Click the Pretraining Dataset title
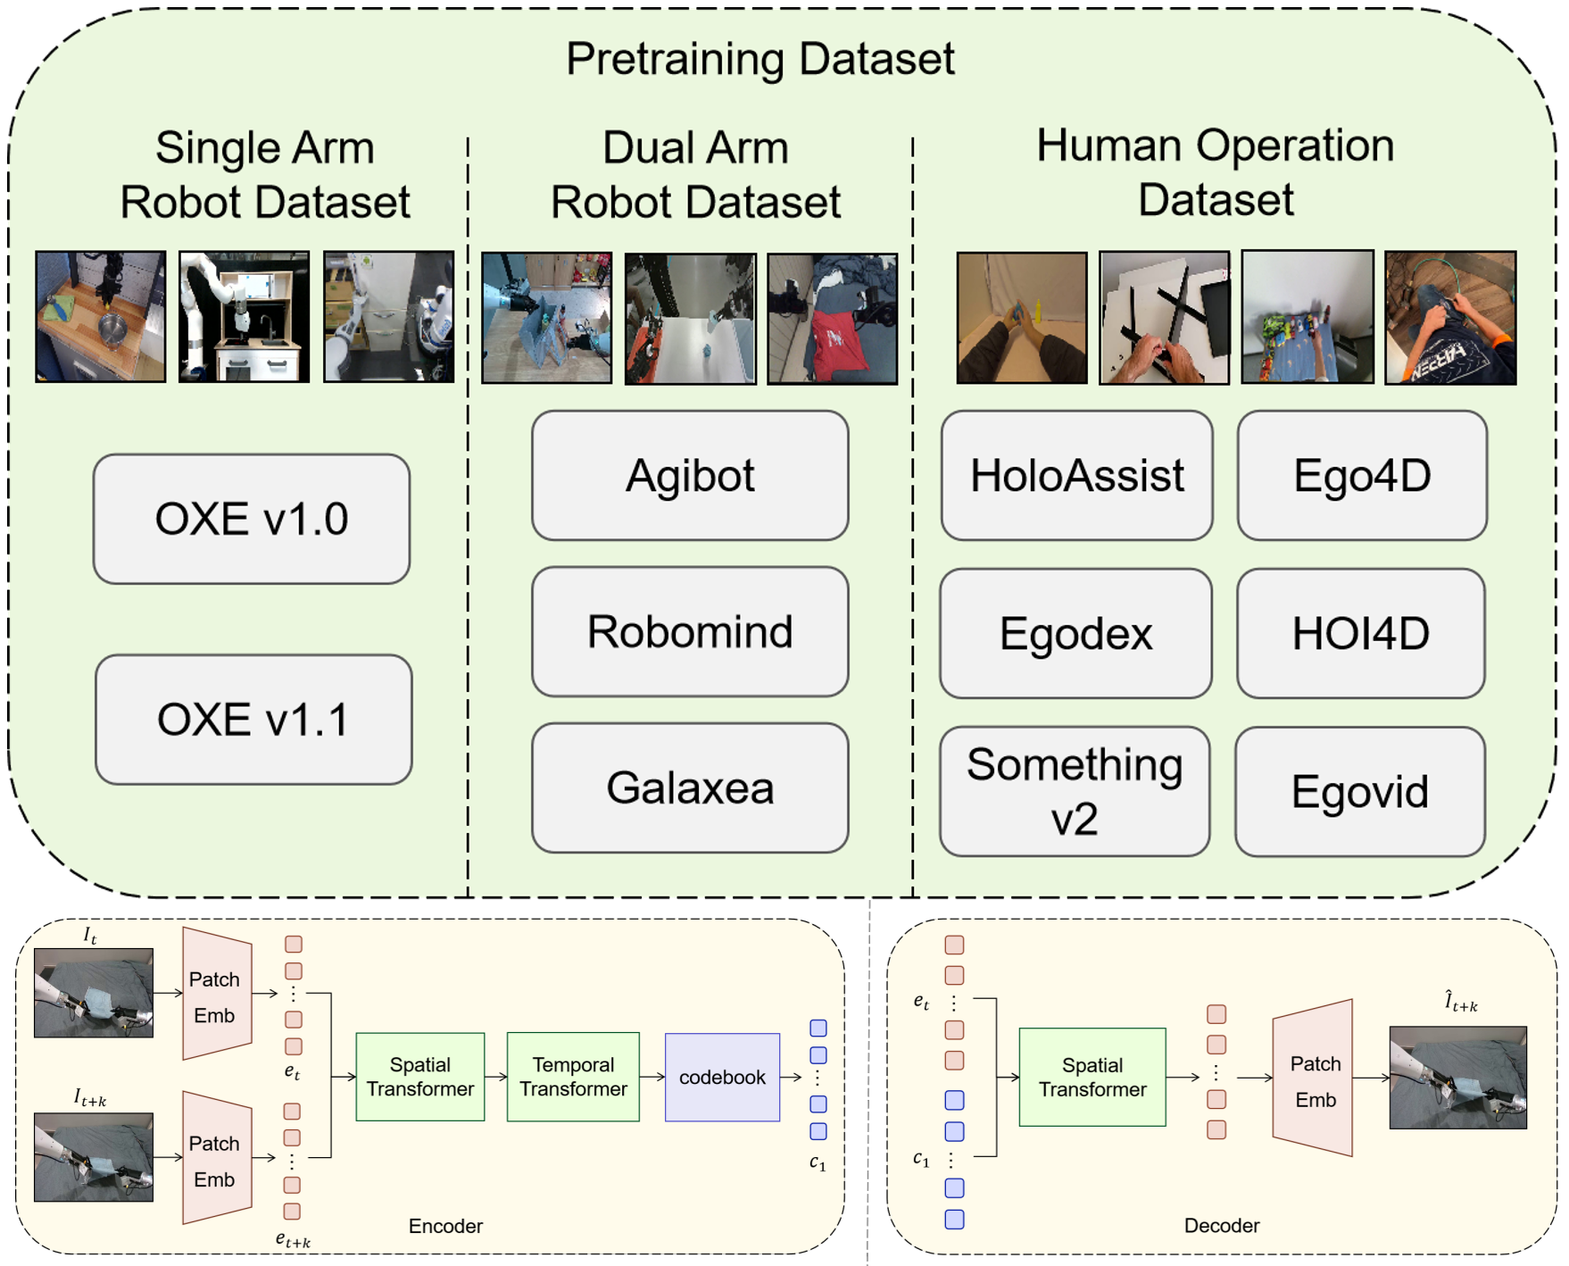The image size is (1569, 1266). pyautogui.click(x=760, y=59)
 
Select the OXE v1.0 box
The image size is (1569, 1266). pyautogui.click(x=252, y=519)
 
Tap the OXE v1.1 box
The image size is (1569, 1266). pyautogui.click(x=253, y=719)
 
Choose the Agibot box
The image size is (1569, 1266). pyautogui.click(x=689, y=475)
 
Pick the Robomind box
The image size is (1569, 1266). pyautogui.click(x=689, y=631)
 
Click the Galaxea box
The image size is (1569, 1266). pyautogui.click(x=689, y=787)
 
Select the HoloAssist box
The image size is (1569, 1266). pyautogui.click(x=1076, y=475)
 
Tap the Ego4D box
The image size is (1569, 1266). pyautogui.click(x=1361, y=475)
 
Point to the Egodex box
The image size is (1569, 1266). pyautogui.click(x=1075, y=633)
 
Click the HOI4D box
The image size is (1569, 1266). pyautogui.click(x=1360, y=633)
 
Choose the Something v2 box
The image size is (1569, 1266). pyautogui.click(x=1075, y=791)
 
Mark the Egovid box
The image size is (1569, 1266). pyautogui.click(x=1359, y=791)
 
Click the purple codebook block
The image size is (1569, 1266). pyautogui.click(x=722, y=1077)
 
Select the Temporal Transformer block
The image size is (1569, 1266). pyautogui.click(x=573, y=1077)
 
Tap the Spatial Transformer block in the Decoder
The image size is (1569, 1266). pyautogui.click(x=1092, y=1077)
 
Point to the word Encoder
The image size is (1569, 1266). pyautogui.click(x=445, y=1226)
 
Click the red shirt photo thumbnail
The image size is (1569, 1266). pyautogui.click(x=832, y=319)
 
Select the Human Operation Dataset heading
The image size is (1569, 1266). pyautogui.click(x=1215, y=172)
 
